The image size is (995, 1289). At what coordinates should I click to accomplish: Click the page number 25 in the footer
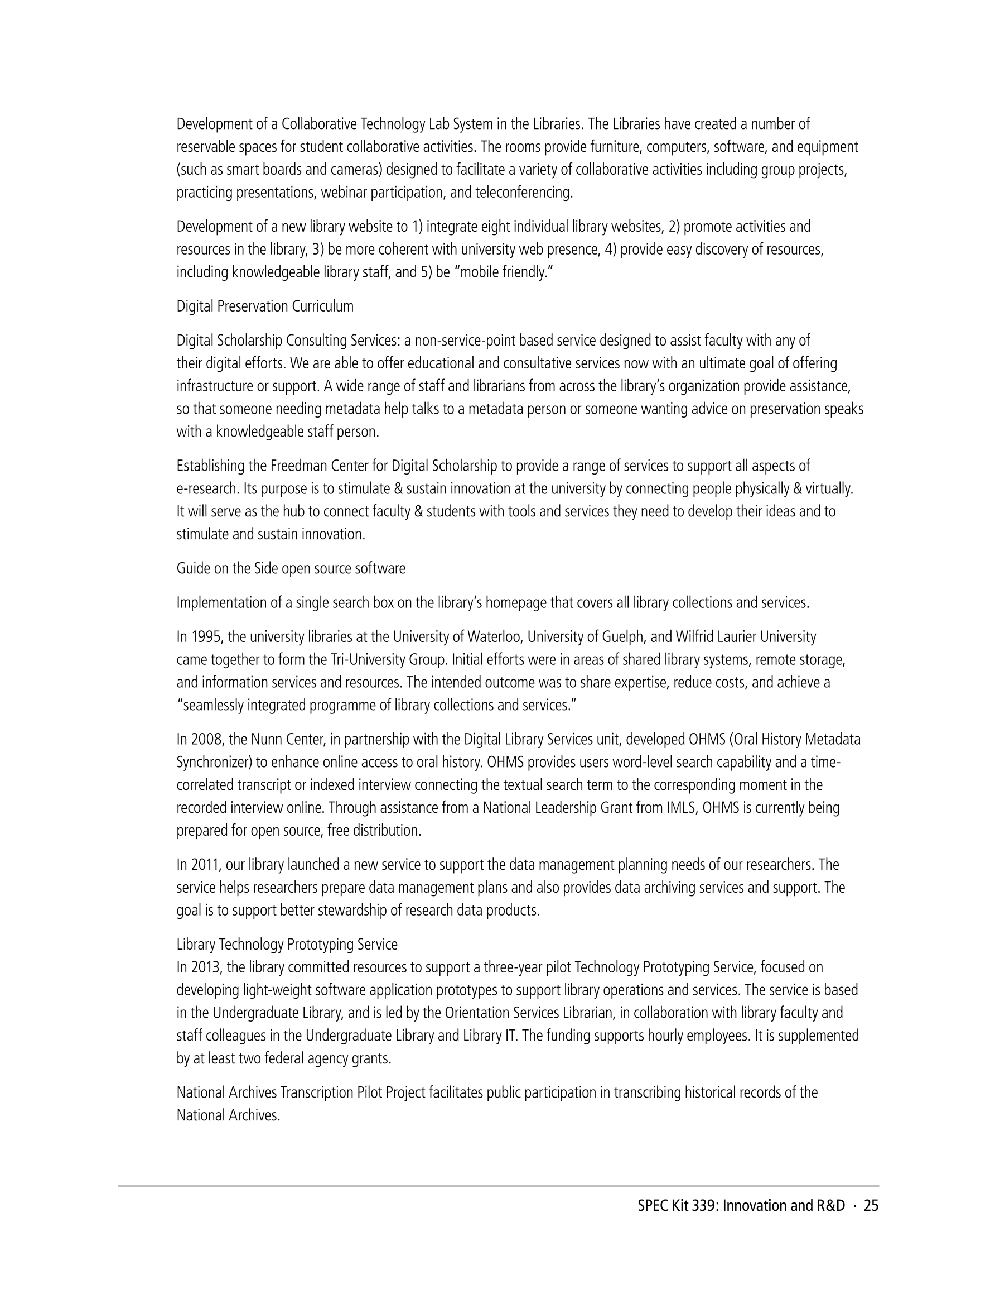coord(871,1206)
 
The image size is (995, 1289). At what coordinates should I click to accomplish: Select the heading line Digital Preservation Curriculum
coord(265,307)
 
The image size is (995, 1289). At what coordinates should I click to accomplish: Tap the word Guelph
coord(628,638)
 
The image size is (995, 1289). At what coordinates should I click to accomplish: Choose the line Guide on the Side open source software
coord(291,569)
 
